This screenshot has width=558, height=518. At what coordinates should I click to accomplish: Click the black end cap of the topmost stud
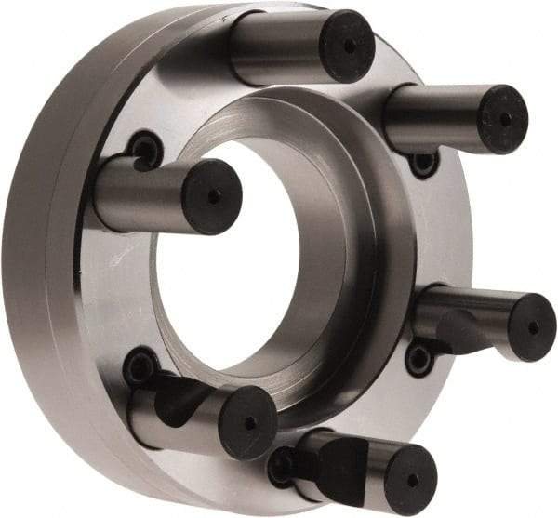(x=346, y=46)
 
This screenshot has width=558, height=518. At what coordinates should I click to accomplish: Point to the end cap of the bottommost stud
(x=409, y=478)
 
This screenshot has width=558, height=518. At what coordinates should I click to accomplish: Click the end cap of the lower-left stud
(x=248, y=421)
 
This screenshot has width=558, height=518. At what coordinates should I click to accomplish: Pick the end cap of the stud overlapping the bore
(x=212, y=196)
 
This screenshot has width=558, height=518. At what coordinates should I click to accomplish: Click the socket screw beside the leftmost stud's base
(x=145, y=149)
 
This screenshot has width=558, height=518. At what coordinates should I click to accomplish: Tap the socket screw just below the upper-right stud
(x=423, y=164)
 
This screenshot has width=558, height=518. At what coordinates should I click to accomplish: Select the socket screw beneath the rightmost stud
(x=419, y=357)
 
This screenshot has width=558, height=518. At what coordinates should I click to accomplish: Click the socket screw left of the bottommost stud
(x=282, y=465)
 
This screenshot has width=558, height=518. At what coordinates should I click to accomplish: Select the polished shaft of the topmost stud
(x=274, y=46)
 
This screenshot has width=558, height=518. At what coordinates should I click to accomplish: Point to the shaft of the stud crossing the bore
(x=139, y=193)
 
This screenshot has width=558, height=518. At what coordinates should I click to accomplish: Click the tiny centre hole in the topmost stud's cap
(x=349, y=46)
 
